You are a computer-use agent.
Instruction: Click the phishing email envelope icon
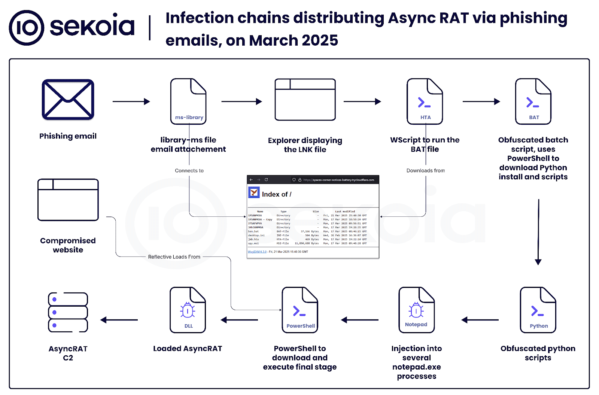68,100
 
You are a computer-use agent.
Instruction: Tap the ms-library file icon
188,101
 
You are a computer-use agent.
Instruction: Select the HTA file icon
425,101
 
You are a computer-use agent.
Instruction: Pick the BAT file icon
533,101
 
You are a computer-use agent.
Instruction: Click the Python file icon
538,310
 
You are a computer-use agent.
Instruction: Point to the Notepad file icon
417,310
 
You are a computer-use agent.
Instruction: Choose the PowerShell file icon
300,310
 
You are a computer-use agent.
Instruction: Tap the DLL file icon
188,310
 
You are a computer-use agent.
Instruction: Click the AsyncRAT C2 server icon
68,312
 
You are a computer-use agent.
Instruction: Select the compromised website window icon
68,200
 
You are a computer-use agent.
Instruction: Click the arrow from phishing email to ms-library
131,101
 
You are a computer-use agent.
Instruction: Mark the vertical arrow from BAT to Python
538,232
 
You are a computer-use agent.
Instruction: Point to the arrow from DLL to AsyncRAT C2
119,320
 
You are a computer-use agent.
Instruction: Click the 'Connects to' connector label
189,171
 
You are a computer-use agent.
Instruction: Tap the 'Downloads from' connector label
426,171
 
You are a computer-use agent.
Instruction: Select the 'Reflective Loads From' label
174,257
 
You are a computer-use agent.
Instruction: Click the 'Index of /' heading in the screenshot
276,194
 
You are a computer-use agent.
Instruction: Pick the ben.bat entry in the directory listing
253,231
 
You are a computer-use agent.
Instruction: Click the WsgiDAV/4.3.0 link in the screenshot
257,252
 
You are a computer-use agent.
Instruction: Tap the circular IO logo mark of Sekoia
27,28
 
